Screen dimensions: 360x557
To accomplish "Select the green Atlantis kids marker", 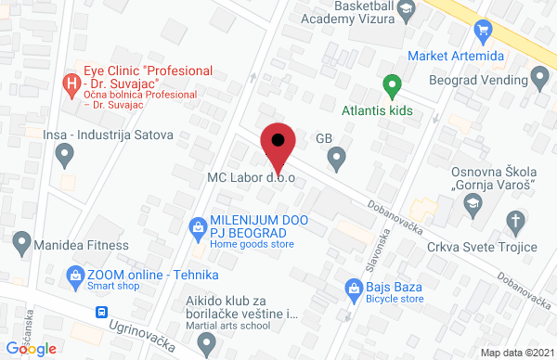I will click(392, 86).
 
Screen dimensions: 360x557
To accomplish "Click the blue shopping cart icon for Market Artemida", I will click(482, 32).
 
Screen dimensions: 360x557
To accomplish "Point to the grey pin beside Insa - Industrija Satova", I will click(65, 157).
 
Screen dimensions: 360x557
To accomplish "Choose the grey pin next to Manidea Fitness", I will click(21, 245).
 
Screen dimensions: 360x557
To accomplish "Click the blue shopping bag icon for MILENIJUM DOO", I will click(197, 225).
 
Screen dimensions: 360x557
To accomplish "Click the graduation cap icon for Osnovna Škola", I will click(473, 202).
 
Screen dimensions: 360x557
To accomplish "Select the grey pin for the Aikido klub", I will click(207, 343).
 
